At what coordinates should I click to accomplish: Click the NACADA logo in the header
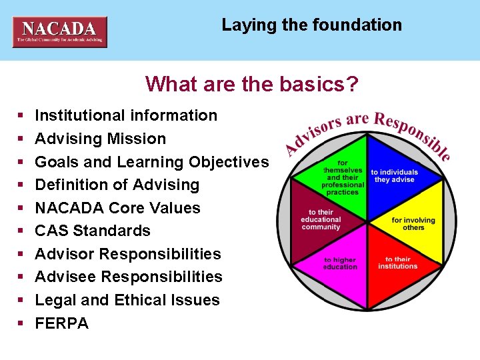[x=60, y=31]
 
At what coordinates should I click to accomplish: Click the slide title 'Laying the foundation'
[x=311, y=25]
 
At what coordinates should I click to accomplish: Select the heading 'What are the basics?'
[x=252, y=84]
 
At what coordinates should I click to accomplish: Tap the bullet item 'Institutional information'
[x=126, y=115]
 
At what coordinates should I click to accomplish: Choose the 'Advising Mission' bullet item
[x=100, y=139]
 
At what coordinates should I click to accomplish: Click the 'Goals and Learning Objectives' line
[x=151, y=162]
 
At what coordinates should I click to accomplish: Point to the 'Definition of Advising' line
[x=117, y=185]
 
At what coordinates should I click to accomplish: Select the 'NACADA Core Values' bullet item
[x=117, y=208]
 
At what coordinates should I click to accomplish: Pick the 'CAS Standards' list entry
[x=93, y=231]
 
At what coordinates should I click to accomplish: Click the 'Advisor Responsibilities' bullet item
[x=127, y=254]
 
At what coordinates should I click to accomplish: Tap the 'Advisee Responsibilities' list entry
[x=129, y=277]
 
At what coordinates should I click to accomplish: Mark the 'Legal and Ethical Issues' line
[x=127, y=300]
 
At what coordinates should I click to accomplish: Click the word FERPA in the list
[x=61, y=323]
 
